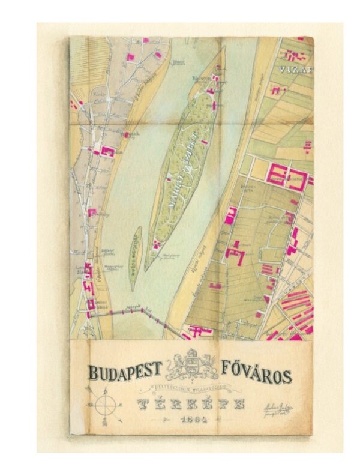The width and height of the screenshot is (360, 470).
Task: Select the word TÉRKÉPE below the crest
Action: pyautogui.click(x=191, y=403)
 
